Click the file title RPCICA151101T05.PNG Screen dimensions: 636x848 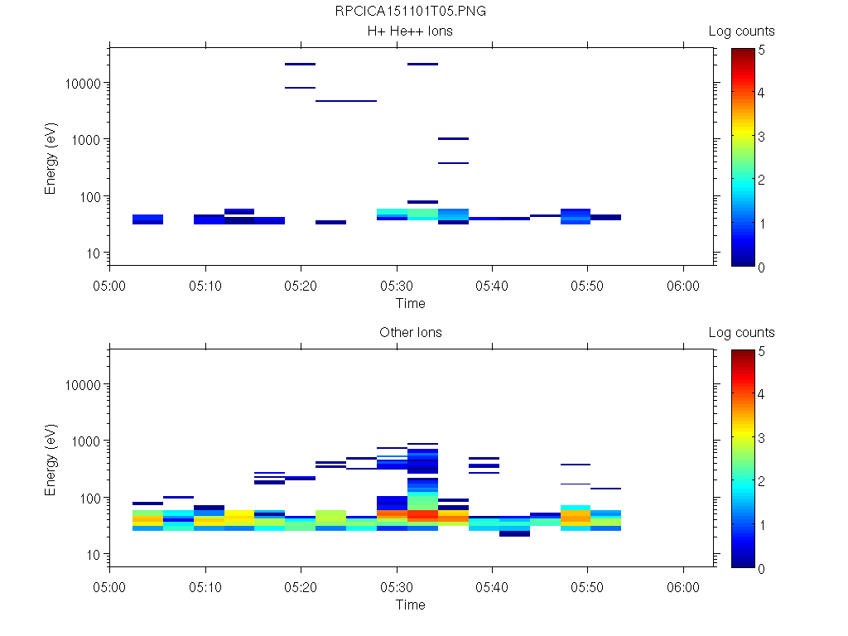(411, 12)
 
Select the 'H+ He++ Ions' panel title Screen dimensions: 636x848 (411, 31)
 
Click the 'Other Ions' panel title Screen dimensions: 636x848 (411, 333)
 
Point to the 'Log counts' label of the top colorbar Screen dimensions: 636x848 (742, 31)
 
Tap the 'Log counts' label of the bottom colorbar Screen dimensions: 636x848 (742, 333)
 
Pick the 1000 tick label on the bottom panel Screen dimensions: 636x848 (84, 441)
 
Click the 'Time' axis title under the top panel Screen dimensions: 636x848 (411, 303)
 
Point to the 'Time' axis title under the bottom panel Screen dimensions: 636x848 (411, 605)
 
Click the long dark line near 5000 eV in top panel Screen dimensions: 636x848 (346, 101)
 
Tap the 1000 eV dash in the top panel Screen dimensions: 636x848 (454, 139)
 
